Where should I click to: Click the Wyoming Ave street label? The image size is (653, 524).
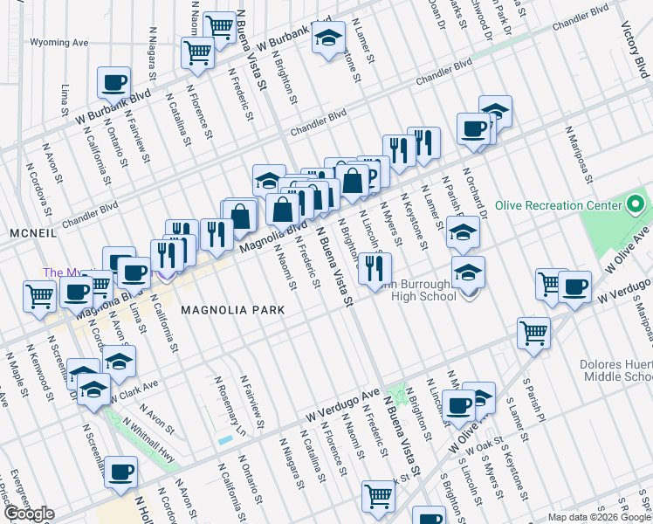(59, 42)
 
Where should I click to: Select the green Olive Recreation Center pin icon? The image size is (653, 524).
(635, 206)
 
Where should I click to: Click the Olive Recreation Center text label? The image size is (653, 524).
(558, 206)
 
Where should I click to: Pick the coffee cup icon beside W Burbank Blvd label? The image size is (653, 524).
(113, 83)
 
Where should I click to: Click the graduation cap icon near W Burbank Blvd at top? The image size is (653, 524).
(328, 39)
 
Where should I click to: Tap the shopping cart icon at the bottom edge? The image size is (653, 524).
(379, 495)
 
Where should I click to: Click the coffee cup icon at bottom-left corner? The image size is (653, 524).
(120, 472)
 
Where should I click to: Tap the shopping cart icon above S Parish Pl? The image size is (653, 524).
(533, 333)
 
